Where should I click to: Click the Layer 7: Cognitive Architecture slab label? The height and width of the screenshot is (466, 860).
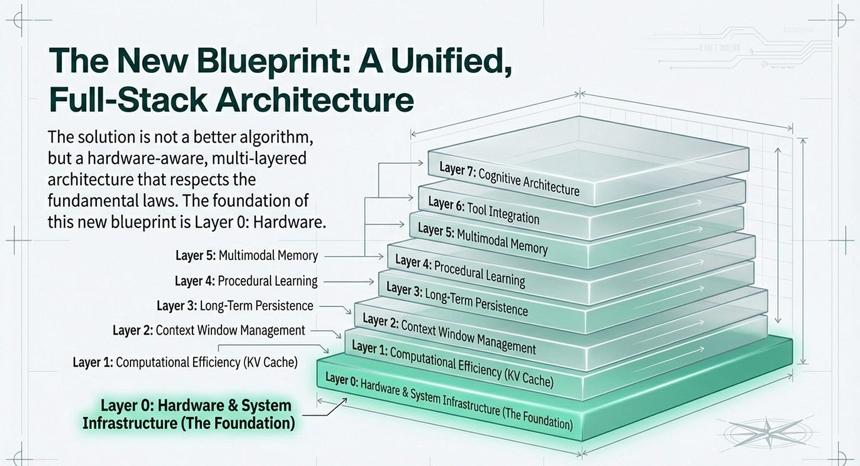pos(509,177)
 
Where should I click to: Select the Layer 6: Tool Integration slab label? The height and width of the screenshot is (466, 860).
pos(483,211)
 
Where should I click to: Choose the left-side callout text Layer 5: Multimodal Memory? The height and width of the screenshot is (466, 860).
pos(247,255)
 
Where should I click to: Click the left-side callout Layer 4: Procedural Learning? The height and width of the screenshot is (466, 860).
pos(246,281)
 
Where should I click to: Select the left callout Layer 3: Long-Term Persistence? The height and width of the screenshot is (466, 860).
pos(234,306)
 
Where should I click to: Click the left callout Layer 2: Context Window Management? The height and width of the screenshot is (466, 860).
pos(209,330)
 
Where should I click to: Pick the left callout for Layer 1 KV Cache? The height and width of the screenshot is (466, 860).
pos(185,362)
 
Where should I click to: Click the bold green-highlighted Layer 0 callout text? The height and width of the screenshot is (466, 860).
pos(188,415)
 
